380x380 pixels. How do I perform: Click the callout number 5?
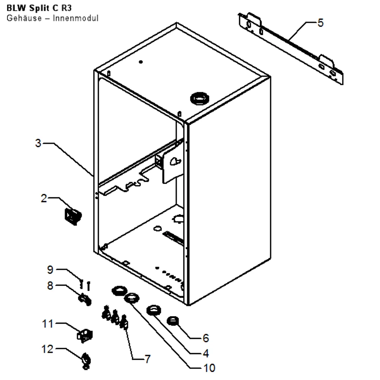[320, 23]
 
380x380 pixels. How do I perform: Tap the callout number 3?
[38, 143]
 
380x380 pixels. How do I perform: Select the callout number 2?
[44, 198]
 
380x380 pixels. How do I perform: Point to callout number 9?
[50, 269]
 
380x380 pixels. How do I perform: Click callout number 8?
[50, 285]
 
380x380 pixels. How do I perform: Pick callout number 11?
[47, 324]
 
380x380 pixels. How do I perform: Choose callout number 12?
[47, 349]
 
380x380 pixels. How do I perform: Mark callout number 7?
[147, 359]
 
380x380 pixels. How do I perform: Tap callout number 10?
[209, 368]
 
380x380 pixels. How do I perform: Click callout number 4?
[206, 353]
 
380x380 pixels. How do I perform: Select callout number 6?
[206, 338]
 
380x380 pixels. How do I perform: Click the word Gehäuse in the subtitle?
[24, 18]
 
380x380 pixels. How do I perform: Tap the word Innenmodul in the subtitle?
[76, 18]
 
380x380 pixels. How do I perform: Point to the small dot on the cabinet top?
[141, 62]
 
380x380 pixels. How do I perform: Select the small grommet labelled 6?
[173, 321]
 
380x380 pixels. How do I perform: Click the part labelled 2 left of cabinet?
[73, 216]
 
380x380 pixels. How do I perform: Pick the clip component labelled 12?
[86, 361]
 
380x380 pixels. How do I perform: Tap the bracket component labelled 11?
[85, 336]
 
